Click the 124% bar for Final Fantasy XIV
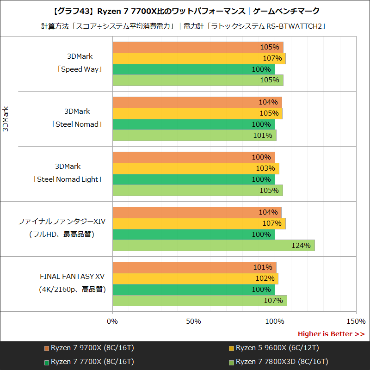pyautogui.click(x=213, y=246)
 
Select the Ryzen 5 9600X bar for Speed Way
pyautogui.click(x=199, y=58)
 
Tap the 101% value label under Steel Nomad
pyautogui.click(x=263, y=136)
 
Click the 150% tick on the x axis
pyautogui.click(x=356, y=321)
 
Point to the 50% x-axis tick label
pyautogui.click(x=194, y=321)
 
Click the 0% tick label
pyautogui.click(x=112, y=321)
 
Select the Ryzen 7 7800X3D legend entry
pyautogui.click(x=278, y=361)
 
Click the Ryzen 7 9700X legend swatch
pyautogui.click(x=47, y=348)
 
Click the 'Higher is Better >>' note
pyautogui.click(x=331, y=334)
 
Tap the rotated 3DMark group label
pyautogui.click(x=6, y=119)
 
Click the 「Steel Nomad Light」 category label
pyautogui.click(x=68, y=179)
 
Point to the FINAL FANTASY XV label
pyautogui.click(x=72, y=277)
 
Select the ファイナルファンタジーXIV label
pyautogui.click(x=62, y=222)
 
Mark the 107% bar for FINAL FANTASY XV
pyautogui.click(x=199, y=301)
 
